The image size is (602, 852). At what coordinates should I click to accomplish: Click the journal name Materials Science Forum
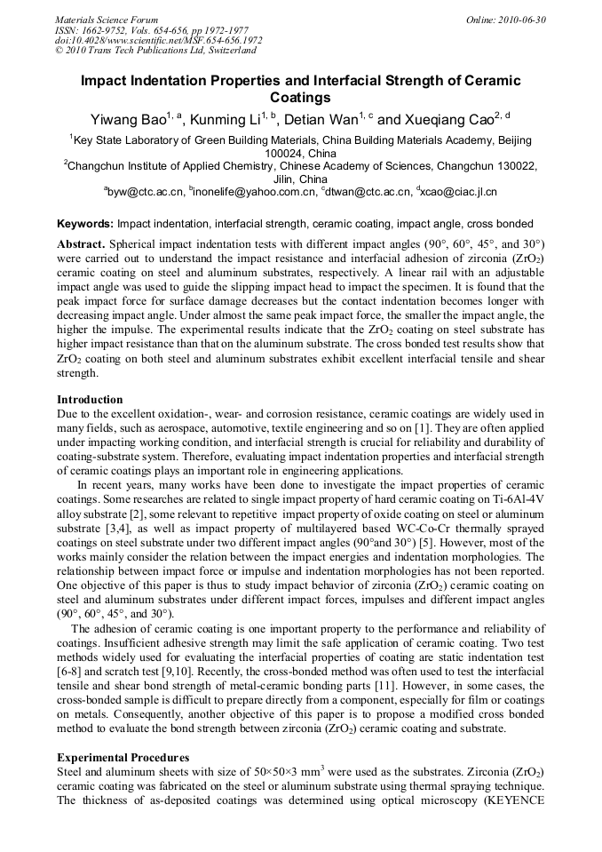[107, 19]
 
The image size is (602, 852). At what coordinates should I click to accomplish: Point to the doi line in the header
[159, 40]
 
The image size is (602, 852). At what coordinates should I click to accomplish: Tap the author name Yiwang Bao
[127, 119]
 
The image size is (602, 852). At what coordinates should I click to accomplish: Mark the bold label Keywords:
[85, 224]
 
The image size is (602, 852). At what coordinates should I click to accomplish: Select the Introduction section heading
[90, 400]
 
